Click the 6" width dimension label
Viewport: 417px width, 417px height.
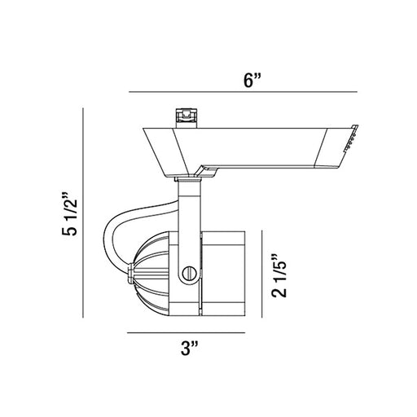coord(252,80)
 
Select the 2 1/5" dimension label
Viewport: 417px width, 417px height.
coord(279,275)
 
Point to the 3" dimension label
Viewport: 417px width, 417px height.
coord(190,349)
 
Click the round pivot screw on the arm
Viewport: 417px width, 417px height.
coord(189,274)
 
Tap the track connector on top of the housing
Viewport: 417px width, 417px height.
coord(187,118)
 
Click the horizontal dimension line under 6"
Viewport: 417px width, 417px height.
coord(243,92)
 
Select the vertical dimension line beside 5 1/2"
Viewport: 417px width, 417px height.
coord(83,213)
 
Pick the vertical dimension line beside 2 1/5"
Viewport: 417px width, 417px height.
coord(262,274)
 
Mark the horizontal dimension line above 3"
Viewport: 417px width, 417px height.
coord(187,332)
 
